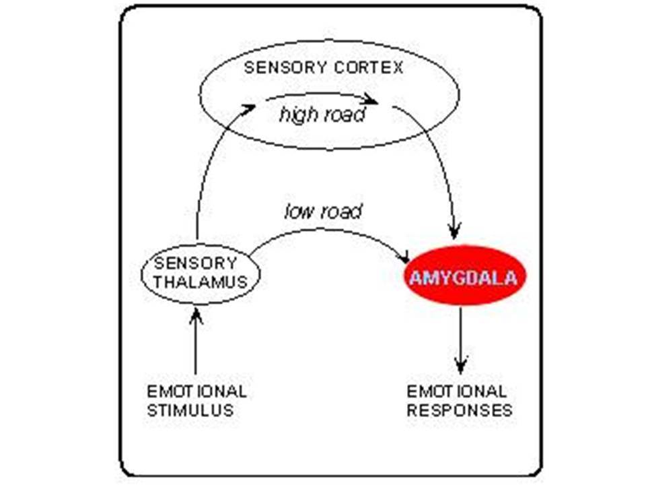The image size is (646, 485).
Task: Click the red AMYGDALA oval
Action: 465,276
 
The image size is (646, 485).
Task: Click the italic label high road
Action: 322,115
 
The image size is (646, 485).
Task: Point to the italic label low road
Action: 323,212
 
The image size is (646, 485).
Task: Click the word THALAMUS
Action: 201,282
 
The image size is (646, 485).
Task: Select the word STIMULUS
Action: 190,411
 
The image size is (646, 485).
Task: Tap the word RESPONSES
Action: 460,411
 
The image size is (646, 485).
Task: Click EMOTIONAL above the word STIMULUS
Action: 197,391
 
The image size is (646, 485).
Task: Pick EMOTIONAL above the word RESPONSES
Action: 457,391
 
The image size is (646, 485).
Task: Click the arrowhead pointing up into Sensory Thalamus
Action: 196,315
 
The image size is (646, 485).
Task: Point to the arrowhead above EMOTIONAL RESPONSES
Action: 460,366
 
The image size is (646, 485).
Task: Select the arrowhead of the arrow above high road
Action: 370,100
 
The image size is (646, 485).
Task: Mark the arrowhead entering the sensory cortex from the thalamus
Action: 248,108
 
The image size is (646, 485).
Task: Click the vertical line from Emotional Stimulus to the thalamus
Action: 196,341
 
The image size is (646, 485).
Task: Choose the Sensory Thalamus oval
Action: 201,274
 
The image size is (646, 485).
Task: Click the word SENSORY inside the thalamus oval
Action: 196,263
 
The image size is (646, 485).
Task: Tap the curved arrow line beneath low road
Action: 326,229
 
